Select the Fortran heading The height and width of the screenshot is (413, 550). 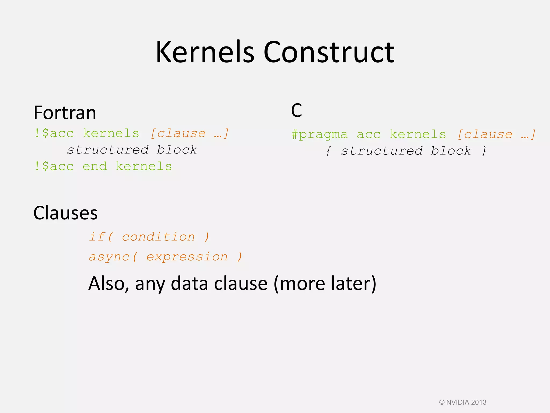click(x=65, y=113)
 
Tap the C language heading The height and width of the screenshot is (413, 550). click(x=296, y=111)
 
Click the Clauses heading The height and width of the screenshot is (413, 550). click(x=65, y=213)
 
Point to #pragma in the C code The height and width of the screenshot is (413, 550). click(x=319, y=134)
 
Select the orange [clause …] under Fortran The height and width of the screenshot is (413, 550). click(x=189, y=133)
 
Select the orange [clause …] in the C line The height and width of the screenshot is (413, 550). click(x=496, y=134)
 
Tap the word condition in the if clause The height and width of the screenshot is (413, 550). click(x=158, y=237)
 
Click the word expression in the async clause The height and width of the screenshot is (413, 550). click(x=187, y=257)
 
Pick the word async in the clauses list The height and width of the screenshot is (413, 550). click(x=109, y=257)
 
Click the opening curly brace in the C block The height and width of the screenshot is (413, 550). click(x=328, y=151)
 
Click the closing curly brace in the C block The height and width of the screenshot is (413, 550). click(x=484, y=151)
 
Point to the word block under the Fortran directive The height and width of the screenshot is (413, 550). click(x=177, y=150)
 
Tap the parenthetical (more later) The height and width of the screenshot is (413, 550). click(x=325, y=284)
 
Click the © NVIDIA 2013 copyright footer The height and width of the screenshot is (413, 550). click(x=462, y=402)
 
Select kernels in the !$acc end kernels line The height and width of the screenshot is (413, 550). click(x=144, y=166)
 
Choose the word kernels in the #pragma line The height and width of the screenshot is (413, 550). click(x=418, y=134)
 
